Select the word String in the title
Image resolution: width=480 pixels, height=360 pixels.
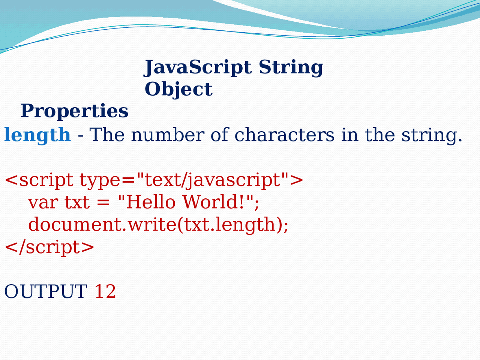pyautogui.click(x=291, y=68)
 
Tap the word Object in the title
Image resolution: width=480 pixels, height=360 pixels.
pyautogui.click(x=178, y=90)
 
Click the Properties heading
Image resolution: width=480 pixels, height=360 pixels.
pyautogui.click(x=74, y=111)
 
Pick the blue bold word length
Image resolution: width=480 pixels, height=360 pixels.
pyautogui.click(x=37, y=135)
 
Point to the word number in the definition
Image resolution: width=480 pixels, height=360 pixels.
pyautogui.click(x=168, y=135)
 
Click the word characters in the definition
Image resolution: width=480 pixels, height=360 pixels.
pyautogui.click(x=285, y=135)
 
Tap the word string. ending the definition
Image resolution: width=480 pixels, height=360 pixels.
pyautogui.click(x=432, y=135)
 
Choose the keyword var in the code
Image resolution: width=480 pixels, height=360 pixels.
pyautogui.click(x=43, y=202)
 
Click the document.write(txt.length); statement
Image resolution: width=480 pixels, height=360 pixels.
pyautogui.click(x=158, y=225)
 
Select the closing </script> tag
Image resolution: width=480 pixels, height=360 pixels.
pyautogui.click(x=49, y=247)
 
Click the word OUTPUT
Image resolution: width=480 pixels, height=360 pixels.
pyautogui.click(x=46, y=292)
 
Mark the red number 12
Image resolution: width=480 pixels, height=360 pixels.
pyautogui.click(x=105, y=292)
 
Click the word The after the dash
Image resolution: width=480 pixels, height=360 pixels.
pyautogui.click(x=107, y=135)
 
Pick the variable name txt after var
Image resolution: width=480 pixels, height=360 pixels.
pyautogui.click(x=77, y=202)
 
